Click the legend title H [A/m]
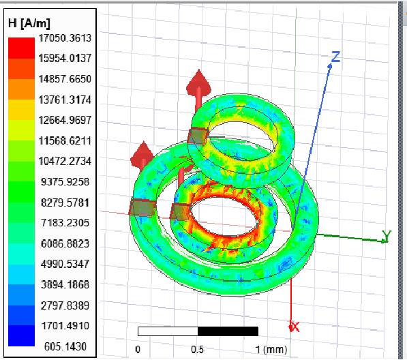(x=29, y=23)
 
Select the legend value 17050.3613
(x=65, y=38)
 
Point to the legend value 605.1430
(x=65, y=346)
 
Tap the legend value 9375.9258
(x=65, y=181)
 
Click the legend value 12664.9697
(x=65, y=120)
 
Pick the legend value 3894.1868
(x=65, y=285)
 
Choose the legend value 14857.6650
(x=65, y=79)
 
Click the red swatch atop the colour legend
(x=21, y=48)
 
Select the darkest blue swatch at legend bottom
(x=21, y=335)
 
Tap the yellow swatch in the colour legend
(x=21, y=110)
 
